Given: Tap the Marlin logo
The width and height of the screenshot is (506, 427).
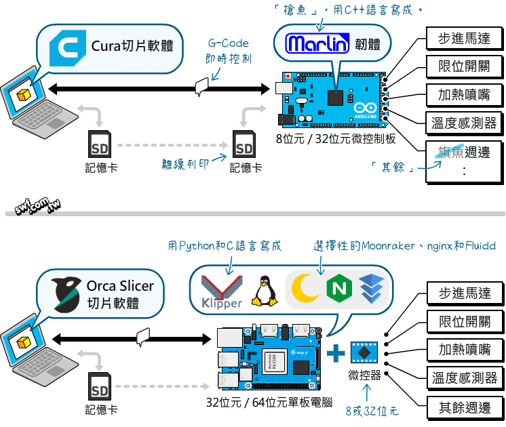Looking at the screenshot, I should (x=317, y=44).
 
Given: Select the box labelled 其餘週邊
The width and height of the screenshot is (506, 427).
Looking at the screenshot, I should (x=465, y=408).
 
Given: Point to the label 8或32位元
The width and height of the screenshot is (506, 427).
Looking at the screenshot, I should (x=372, y=411).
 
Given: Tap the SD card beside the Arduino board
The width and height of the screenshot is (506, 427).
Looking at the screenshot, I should (x=244, y=144).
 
